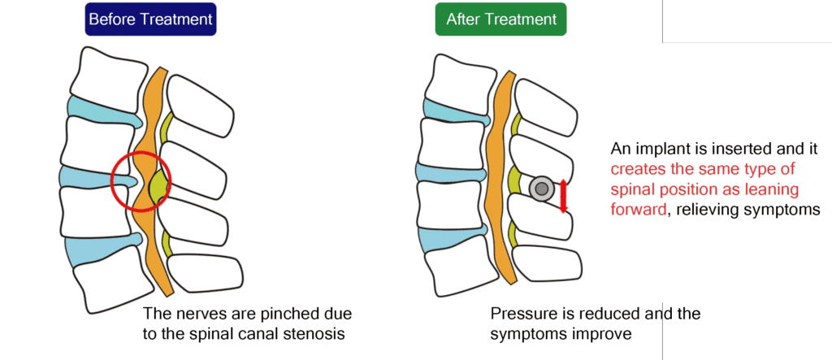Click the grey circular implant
(540, 189)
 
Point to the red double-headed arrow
(563, 194)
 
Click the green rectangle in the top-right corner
(747, 21)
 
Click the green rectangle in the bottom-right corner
(747, 331)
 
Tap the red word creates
(639, 169)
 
